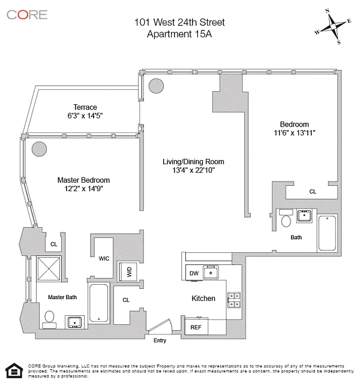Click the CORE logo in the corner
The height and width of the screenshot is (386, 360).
(x=27, y=14)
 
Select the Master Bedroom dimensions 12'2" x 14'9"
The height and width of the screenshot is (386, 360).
(x=83, y=189)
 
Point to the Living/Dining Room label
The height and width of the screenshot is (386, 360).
(x=193, y=162)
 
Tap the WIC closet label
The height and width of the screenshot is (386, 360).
(x=103, y=259)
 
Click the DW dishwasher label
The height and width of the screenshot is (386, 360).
(x=194, y=273)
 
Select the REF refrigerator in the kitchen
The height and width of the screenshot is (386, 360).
(x=196, y=327)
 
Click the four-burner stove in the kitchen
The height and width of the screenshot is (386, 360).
(x=233, y=300)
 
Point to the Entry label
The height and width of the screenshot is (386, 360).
(x=160, y=340)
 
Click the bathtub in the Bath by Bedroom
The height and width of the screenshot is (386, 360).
(x=328, y=233)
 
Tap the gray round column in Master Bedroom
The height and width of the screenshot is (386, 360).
(x=40, y=148)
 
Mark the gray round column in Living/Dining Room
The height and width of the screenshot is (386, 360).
(x=156, y=86)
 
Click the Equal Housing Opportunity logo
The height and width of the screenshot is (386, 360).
(x=14, y=371)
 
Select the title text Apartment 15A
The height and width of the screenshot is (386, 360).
(x=179, y=34)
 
